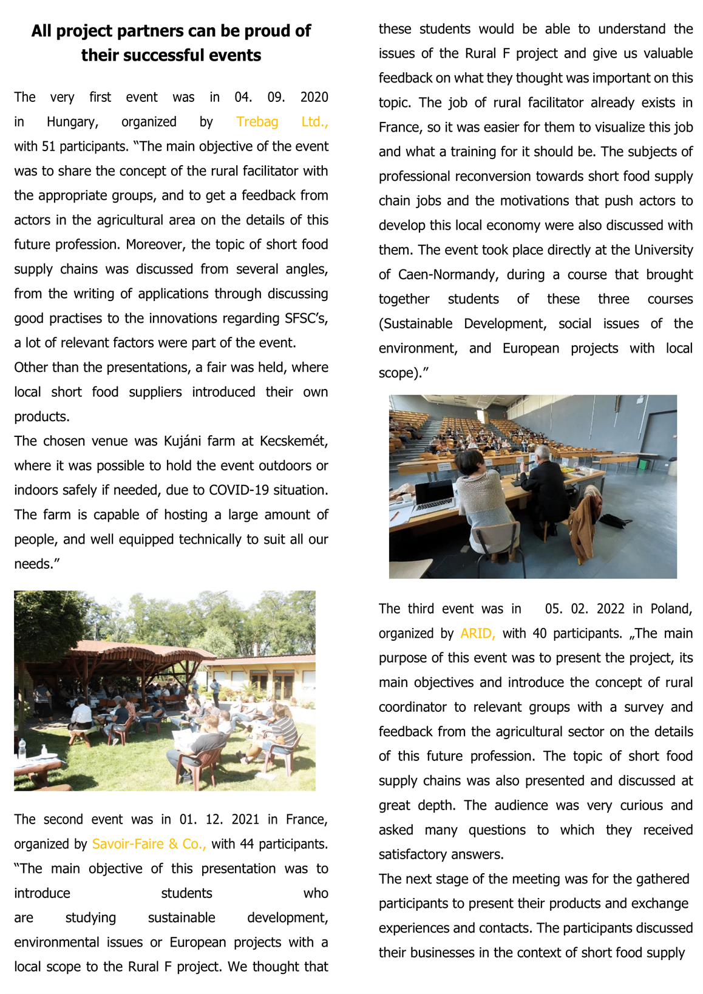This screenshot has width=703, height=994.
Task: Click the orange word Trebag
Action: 257,122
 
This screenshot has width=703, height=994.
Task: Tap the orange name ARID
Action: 477,634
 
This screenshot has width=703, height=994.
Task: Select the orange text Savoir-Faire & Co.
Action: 149,844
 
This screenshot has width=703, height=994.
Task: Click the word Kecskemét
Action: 294,441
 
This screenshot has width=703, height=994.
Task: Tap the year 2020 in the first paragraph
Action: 314,97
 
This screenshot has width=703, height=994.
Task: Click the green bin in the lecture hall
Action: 642,464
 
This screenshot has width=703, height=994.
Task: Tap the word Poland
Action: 671,609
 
